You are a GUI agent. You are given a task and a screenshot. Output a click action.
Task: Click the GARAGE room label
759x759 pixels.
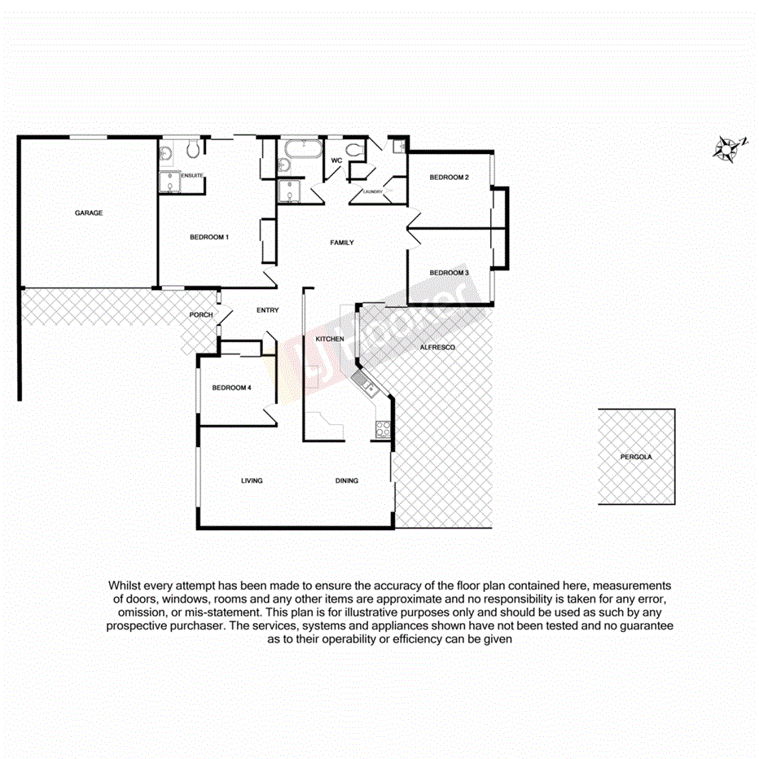(x=89, y=213)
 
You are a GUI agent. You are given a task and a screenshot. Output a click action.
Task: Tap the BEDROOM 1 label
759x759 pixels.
(x=208, y=238)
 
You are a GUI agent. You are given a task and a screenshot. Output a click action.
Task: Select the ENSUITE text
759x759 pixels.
(x=192, y=176)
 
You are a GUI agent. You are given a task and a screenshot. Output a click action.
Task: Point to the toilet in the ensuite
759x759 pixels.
(x=193, y=149)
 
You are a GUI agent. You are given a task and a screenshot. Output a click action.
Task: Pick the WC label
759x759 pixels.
(x=336, y=160)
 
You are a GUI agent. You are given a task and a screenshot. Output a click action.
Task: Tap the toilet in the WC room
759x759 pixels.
(x=354, y=149)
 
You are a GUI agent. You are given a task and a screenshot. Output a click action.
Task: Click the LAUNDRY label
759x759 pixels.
(x=374, y=192)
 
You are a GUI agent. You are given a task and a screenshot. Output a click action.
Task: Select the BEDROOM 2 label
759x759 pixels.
(x=450, y=178)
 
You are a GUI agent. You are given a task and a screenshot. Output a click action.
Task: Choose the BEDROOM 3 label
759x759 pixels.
(x=450, y=273)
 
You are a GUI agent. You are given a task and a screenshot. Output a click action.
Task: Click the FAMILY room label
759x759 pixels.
(x=342, y=243)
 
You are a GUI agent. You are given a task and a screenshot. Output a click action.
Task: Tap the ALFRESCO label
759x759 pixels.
(x=437, y=348)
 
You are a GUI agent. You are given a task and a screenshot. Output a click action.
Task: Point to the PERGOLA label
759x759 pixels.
(x=635, y=458)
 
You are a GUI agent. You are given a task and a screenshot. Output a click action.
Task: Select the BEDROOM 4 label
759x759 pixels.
(x=231, y=388)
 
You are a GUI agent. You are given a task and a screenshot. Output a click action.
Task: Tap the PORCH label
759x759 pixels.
(x=201, y=315)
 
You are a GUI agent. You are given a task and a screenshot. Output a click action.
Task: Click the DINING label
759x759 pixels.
(x=347, y=481)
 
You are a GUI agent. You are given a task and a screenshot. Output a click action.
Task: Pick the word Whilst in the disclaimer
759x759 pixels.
(x=125, y=586)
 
